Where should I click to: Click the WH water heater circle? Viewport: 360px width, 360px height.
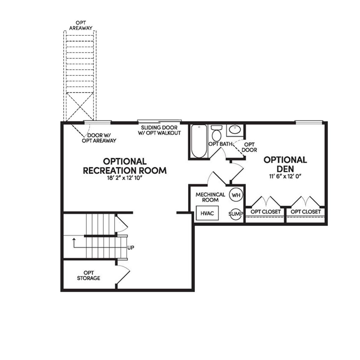click(x=236, y=195)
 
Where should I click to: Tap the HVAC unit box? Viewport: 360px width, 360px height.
click(x=207, y=213)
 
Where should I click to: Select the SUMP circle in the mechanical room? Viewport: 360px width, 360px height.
click(x=236, y=214)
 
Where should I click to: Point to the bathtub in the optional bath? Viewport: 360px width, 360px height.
click(x=199, y=141)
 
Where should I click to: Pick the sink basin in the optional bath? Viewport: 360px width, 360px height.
click(x=235, y=130)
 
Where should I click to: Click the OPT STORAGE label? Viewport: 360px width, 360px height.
click(x=89, y=275)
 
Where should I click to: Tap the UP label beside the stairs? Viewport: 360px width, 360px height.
click(x=131, y=248)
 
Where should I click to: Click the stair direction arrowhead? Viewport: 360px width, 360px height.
click(x=74, y=239)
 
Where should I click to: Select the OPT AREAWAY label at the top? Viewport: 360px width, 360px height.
click(x=81, y=25)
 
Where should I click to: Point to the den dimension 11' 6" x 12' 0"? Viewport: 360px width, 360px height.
click(x=285, y=176)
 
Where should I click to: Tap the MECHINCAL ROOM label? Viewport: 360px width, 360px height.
click(x=210, y=197)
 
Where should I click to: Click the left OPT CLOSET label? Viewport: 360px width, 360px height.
click(x=265, y=212)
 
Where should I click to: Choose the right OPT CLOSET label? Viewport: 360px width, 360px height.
click(x=306, y=212)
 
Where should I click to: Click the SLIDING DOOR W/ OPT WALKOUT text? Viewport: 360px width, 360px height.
click(x=159, y=130)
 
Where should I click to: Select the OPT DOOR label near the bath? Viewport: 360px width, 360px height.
click(x=249, y=147)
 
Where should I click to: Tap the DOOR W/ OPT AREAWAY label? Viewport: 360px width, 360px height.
click(x=99, y=138)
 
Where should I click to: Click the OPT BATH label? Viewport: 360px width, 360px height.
click(x=220, y=144)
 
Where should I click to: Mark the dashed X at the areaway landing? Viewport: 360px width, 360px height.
click(x=80, y=107)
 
